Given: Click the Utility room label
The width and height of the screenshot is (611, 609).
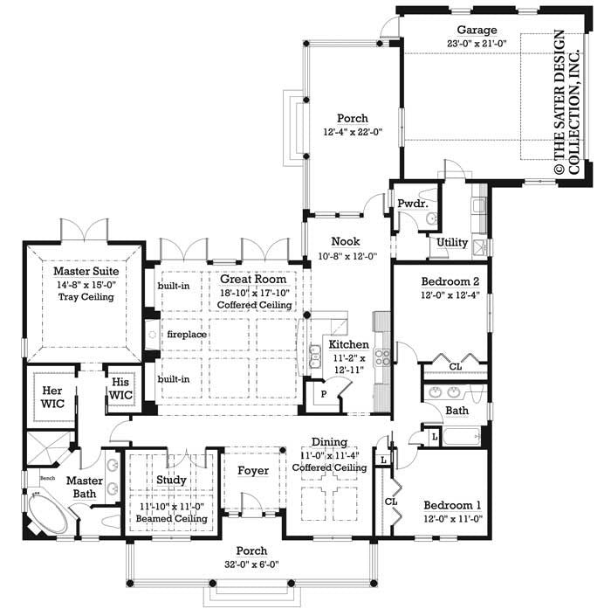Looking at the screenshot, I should (x=451, y=242).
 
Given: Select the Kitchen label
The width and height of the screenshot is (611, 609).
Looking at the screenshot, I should (x=348, y=344).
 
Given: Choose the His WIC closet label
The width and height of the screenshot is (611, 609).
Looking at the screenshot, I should (x=120, y=390).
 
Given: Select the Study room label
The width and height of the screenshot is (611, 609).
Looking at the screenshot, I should (x=171, y=479).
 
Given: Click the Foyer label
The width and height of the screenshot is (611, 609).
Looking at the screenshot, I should (x=253, y=471).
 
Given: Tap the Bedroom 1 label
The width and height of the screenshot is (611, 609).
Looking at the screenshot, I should (x=452, y=505).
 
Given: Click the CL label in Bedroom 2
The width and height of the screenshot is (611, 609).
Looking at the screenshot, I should (x=455, y=367).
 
